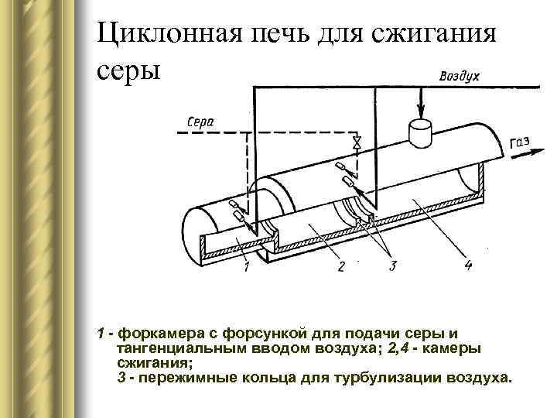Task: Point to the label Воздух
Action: (x=460, y=76)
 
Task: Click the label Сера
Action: (x=201, y=122)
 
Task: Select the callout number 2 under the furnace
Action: (x=341, y=269)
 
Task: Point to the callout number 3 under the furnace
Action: (x=392, y=267)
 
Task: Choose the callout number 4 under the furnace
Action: (x=467, y=266)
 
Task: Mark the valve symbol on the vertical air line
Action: (x=357, y=144)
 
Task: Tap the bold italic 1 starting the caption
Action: (x=101, y=334)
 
